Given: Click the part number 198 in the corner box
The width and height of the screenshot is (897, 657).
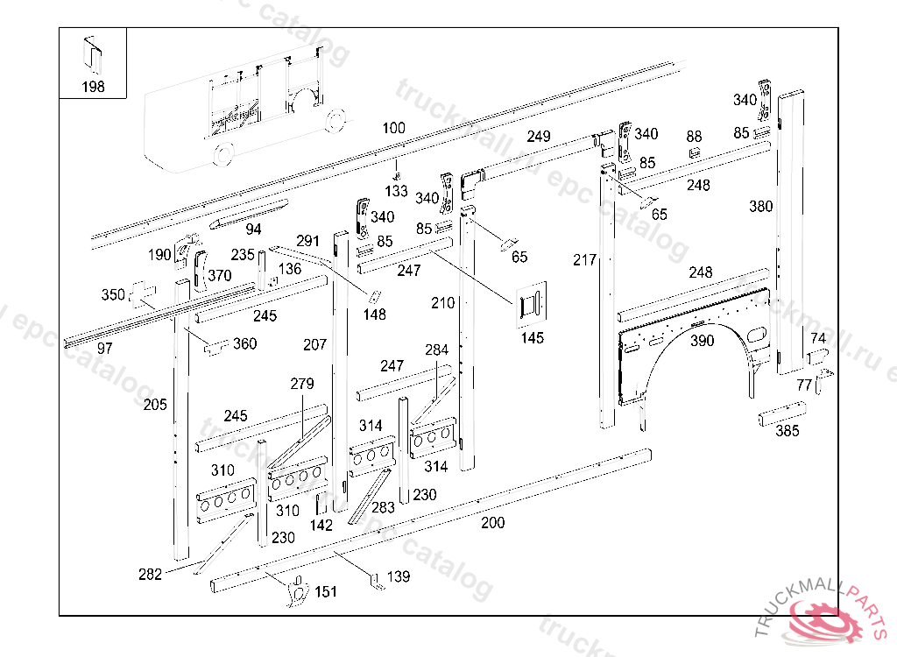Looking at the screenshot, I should coord(93,86).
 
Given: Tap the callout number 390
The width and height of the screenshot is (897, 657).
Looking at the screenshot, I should coord(702,341).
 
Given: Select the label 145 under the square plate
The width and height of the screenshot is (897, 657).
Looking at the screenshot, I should coord(532,337).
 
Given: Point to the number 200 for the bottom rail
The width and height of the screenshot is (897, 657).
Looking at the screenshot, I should coord(493,523).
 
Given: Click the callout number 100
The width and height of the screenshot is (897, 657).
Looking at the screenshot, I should coord(393,128).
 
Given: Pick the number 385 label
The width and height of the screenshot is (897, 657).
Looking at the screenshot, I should coord(787,430).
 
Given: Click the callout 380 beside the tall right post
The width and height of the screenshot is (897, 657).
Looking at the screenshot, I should coord(761,207).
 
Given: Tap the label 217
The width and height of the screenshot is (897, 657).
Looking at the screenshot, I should coord(584,259).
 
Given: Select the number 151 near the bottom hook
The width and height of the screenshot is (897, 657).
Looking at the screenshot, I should coord(325,592).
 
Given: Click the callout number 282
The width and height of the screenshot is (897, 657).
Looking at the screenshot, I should coord(150,575).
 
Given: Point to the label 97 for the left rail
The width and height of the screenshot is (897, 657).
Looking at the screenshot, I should coord(105,348).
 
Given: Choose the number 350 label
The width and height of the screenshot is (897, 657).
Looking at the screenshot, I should coord(113,295).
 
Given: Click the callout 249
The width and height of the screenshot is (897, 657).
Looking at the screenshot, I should coord(539,136).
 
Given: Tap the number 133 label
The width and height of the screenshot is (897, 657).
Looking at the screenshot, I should coord(396,190).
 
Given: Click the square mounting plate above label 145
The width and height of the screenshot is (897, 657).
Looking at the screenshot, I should coord(532,304).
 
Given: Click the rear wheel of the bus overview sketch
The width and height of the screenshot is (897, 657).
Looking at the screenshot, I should coord(222,154).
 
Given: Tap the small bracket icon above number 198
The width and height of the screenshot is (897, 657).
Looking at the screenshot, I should coord(92,53).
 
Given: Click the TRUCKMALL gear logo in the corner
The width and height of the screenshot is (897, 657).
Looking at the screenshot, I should coord(827,618).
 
